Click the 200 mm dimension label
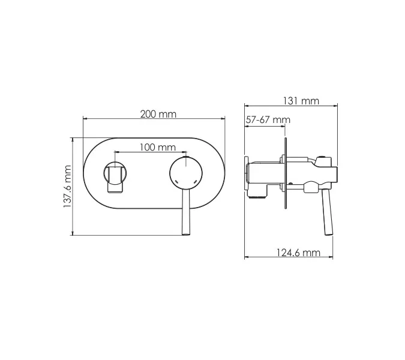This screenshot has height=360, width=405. pyautogui.click(x=158, y=114)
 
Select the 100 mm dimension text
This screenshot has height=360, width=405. pyautogui.click(x=157, y=147)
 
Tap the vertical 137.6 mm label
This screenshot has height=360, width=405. pyautogui.click(x=67, y=187)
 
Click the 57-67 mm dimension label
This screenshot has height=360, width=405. pyautogui.click(x=268, y=120)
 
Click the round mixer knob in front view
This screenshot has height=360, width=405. pyautogui.click(x=185, y=175)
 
